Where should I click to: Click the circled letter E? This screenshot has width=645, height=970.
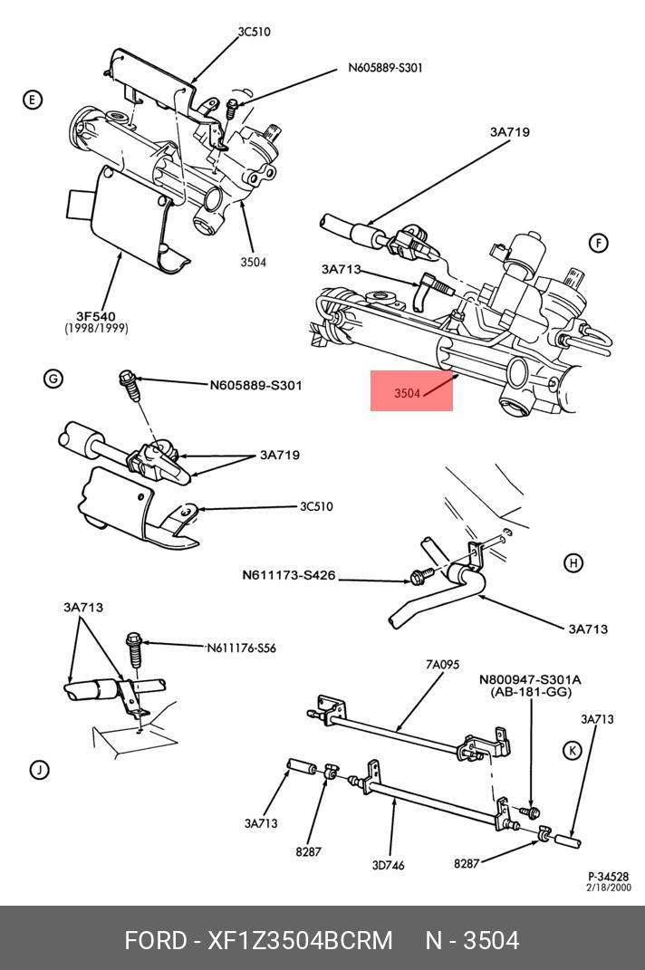(33, 100)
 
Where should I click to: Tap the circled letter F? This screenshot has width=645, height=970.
(598, 243)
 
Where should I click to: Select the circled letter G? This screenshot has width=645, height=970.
(53, 378)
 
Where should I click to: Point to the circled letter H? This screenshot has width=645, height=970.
(573, 563)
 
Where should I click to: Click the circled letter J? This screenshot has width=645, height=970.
(38, 770)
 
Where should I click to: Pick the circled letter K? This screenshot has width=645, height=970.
(572, 749)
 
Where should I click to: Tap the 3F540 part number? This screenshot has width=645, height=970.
(95, 316)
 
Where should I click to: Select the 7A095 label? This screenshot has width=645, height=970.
(442, 665)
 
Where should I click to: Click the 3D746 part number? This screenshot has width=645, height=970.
(388, 864)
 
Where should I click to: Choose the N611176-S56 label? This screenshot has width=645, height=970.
(242, 648)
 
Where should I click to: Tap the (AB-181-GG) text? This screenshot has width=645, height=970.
(531, 691)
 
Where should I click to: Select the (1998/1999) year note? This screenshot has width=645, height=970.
(95, 329)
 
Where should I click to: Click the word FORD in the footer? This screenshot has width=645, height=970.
(155, 940)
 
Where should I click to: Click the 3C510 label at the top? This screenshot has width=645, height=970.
(254, 32)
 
